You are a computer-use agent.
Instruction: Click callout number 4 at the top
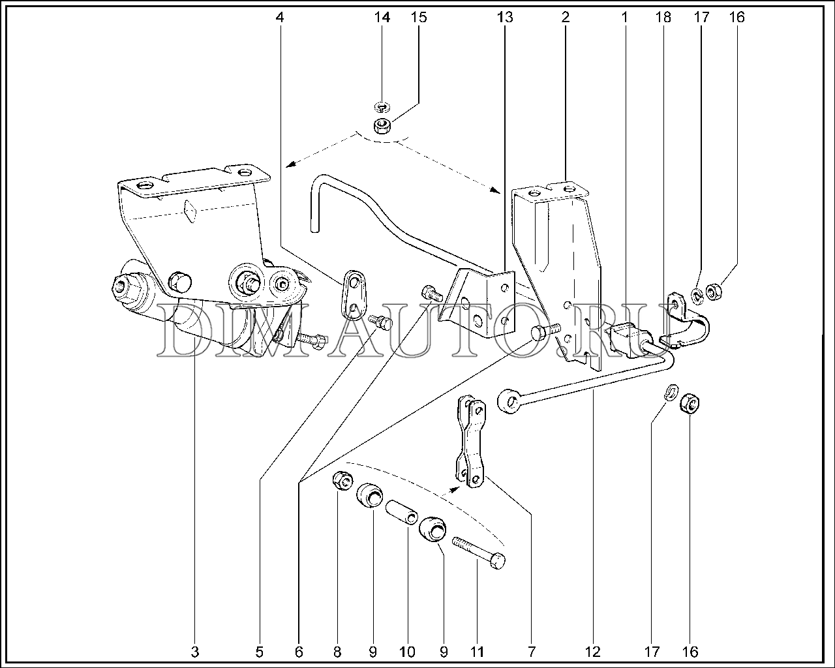click(x=279, y=18)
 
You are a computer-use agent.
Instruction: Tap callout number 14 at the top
click(x=382, y=18)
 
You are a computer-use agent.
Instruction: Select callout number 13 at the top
click(x=505, y=18)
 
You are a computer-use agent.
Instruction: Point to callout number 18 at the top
click(x=663, y=18)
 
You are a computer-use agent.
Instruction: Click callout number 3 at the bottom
click(x=195, y=652)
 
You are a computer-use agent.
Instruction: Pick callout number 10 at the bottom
click(x=408, y=652)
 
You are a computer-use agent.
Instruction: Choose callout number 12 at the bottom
click(x=593, y=652)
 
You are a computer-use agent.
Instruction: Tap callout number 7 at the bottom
click(x=531, y=652)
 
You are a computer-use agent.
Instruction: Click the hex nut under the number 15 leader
click(x=382, y=126)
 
